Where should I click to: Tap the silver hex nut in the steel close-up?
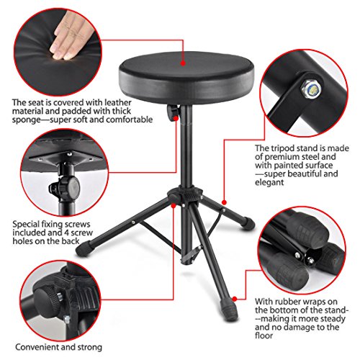[x=310, y=89]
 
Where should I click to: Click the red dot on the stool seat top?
[x=183, y=63]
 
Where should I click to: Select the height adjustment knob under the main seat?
[x=172, y=112]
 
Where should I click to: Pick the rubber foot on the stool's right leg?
[x=248, y=222]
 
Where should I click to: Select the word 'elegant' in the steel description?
[x=269, y=182]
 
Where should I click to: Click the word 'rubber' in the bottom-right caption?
[x=287, y=302]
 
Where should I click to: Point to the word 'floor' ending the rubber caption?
[x=264, y=336]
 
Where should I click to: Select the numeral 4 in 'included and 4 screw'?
[x=67, y=233]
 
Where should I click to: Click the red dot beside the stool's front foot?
[x=235, y=299]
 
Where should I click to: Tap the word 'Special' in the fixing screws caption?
[x=26, y=225]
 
